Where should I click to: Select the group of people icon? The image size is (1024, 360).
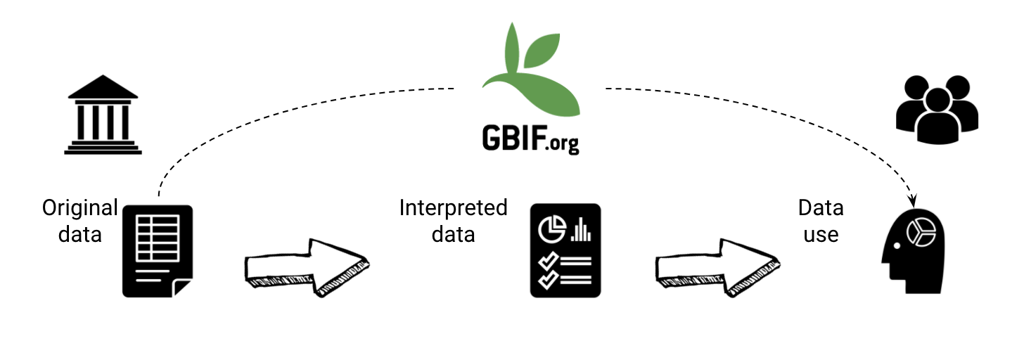[937, 109]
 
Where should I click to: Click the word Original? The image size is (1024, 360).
[80, 208]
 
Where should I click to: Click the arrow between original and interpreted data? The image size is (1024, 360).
[306, 266]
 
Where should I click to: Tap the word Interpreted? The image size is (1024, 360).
[453, 208]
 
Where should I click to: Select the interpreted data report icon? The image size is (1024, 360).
[565, 250]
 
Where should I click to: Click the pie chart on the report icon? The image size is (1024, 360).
[552, 227]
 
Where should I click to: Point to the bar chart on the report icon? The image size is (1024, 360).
[581, 229]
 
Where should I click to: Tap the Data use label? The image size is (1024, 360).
[821, 221]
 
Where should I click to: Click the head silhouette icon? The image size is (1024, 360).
[915, 245]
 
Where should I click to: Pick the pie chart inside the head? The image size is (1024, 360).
[921, 231]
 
